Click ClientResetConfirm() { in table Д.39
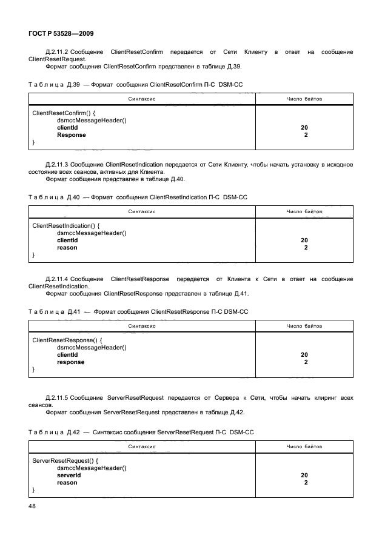coord(66,113)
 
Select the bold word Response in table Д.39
coord(72,135)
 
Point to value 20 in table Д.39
coord(304,128)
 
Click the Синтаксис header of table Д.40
coord(142,212)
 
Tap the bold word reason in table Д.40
coord(67,248)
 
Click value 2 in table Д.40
coord(306,248)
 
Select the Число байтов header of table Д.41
coord(304,326)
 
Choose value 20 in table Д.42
coord(304,475)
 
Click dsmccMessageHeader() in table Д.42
coord(92,468)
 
